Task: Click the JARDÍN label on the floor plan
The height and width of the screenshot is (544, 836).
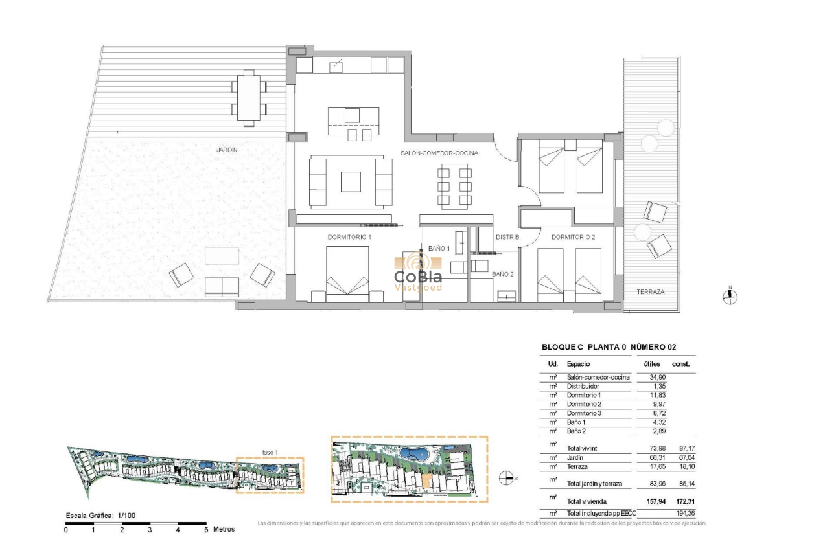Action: [227, 150]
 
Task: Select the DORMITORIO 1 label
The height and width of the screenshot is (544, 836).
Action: [349, 238]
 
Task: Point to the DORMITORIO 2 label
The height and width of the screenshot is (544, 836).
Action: [573, 238]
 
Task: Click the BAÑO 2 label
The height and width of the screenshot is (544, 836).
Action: [502, 275]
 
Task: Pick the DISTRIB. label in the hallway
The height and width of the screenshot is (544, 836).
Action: [508, 238]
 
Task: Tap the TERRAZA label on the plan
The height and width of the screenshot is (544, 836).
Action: [650, 292]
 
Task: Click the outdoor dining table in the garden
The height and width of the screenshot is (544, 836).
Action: [248, 98]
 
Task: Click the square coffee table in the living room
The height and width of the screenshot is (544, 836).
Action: [351, 181]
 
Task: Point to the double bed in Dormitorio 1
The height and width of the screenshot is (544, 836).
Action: [347, 275]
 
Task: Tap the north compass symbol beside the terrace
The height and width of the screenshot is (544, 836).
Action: [730, 297]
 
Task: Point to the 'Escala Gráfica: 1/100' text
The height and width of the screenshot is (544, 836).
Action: [100, 516]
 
